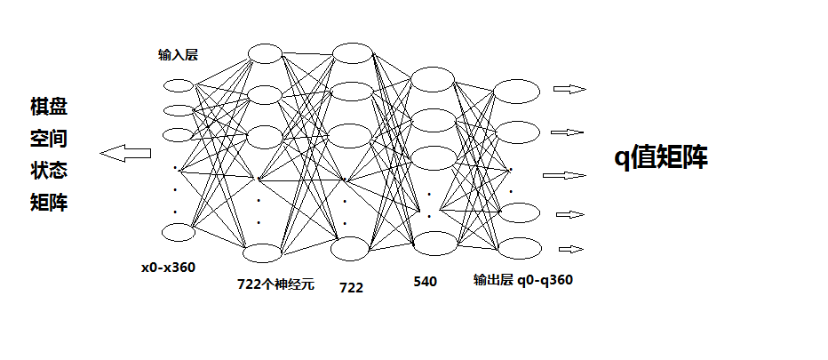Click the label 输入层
point(178,55)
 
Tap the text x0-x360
point(168,267)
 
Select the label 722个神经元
point(275,284)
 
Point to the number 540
point(426,282)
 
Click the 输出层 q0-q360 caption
point(523,280)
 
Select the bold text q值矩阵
point(662,157)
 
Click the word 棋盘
point(49,108)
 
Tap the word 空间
point(49,139)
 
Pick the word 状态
point(49,171)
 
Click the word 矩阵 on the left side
point(49,204)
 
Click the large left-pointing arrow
point(125,153)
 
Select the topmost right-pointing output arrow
point(569,89)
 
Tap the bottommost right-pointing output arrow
point(571,249)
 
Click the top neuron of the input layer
point(179,86)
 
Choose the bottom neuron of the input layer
point(179,232)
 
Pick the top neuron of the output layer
point(516,91)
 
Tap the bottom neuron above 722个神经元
point(265,253)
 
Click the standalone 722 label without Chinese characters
point(352,288)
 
